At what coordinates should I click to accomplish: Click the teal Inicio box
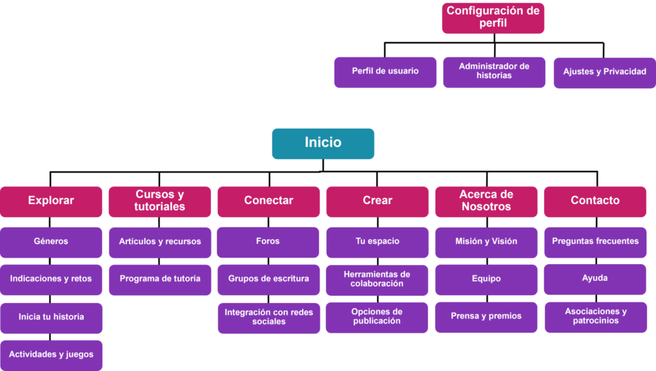(323, 144)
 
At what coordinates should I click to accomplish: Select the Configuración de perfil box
(493, 18)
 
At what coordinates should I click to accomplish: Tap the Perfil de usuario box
(385, 72)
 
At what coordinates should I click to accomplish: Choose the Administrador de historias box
(494, 72)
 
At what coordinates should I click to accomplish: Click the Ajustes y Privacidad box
(605, 73)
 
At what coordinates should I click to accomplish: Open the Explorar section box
(51, 202)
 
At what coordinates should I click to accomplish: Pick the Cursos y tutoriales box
(160, 202)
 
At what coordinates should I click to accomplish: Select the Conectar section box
(268, 202)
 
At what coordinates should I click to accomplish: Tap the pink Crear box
(377, 202)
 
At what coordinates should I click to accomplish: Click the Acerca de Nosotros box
(486, 202)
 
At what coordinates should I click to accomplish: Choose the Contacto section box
(595, 202)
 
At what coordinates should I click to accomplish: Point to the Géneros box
(51, 243)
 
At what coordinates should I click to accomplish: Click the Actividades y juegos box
(51, 356)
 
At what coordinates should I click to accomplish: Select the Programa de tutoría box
(160, 280)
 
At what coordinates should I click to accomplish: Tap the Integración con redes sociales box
(269, 318)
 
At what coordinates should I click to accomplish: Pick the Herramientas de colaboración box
(377, 280)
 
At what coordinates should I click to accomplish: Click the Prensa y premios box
(486, 317)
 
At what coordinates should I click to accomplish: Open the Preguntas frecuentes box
(595, 243)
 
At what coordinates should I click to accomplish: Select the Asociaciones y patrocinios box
(596, 317)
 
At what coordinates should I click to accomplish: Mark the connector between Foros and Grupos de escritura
(268, 261)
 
